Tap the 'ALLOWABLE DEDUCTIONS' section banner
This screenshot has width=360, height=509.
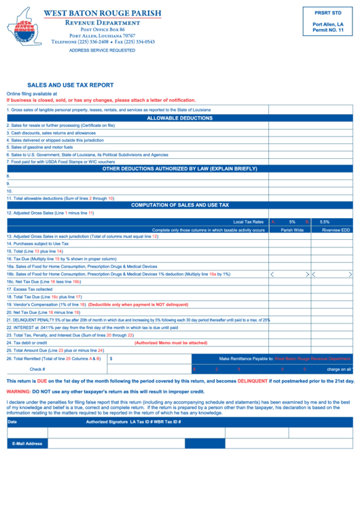coord(180,118)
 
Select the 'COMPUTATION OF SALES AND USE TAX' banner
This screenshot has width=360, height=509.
coord(180,205)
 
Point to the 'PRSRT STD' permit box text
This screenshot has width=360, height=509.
coord(328,13)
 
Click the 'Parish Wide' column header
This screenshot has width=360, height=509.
coord(292,230)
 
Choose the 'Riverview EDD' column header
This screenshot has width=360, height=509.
coord(336,230)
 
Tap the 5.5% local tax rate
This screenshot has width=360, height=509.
coord(324,222)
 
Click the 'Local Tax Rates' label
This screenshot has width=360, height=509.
coord(248,222)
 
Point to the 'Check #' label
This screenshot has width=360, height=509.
coord(37,369)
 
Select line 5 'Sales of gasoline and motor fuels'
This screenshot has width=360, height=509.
coord(39,147)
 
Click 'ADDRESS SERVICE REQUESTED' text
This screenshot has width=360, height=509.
coord(102,50)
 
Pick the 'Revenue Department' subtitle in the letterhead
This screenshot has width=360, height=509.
coord(103,22)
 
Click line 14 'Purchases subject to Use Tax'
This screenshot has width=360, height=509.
coord(38,243)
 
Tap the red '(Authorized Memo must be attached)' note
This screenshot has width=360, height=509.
coord(170,343)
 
